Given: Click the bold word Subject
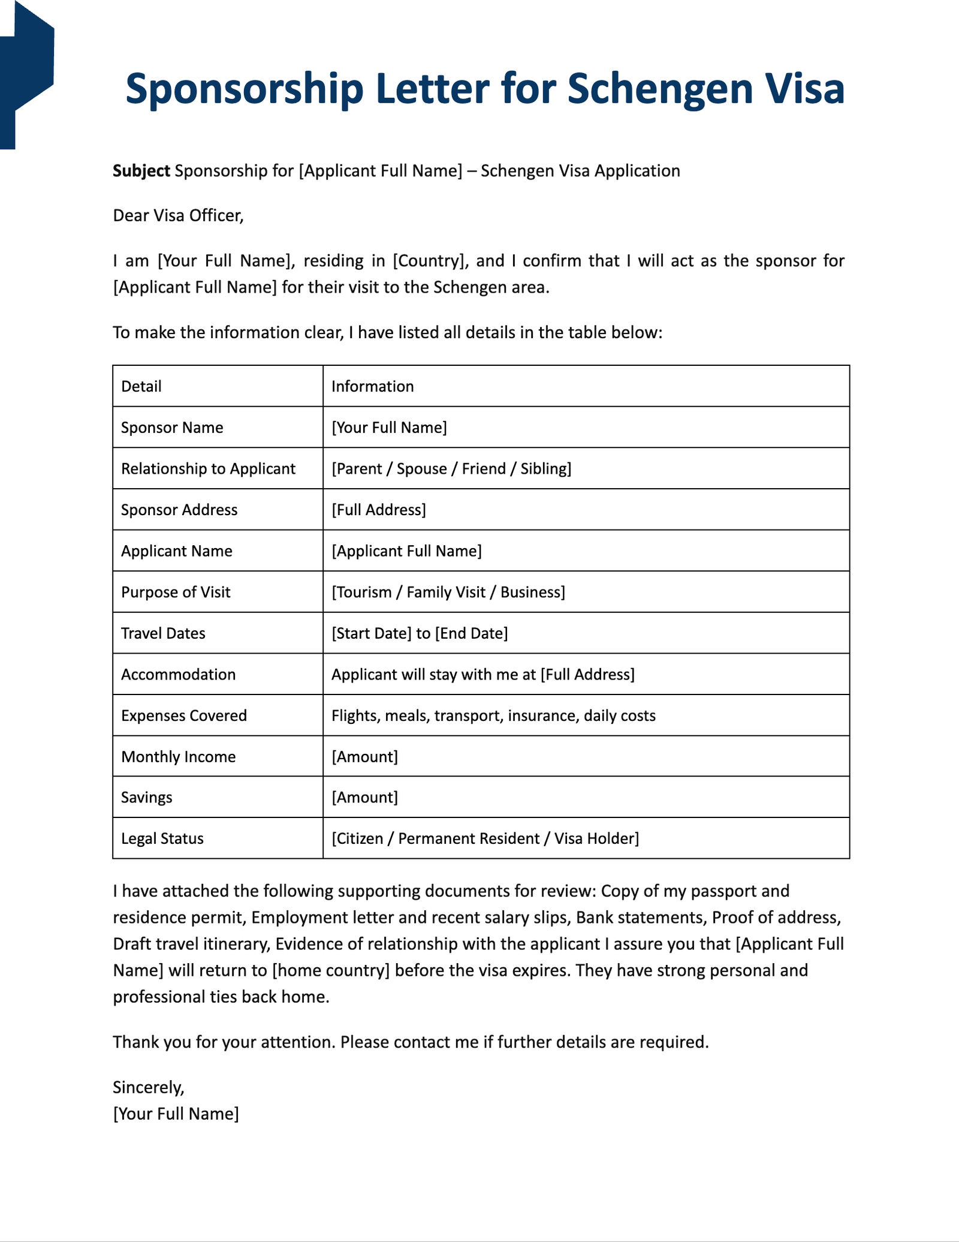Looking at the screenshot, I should coord(141,171).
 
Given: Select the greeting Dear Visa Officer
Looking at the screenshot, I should coord(178,215).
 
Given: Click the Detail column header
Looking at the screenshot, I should coord(141,386).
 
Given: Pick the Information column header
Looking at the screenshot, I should coord(372,386).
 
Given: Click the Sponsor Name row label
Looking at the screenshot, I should coord(172,428).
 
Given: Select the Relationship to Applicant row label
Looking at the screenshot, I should coord(208,468).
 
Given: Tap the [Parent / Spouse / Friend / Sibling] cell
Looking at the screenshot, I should coord(451,468).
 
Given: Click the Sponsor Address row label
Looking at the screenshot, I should coord(179,510).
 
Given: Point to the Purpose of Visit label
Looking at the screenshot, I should coord(176,593).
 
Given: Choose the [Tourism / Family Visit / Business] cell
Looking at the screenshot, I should coord(448,593).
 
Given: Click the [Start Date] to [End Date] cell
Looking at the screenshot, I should coord(420,633).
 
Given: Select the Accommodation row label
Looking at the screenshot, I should coord(178,675).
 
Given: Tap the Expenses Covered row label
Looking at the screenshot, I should coord(184,715).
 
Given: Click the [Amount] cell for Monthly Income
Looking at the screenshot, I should coord(364,757).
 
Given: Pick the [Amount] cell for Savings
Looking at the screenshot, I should coord(364,798).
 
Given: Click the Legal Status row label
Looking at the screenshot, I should coord(162,838).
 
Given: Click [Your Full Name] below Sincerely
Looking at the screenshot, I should coord(176,1114).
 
